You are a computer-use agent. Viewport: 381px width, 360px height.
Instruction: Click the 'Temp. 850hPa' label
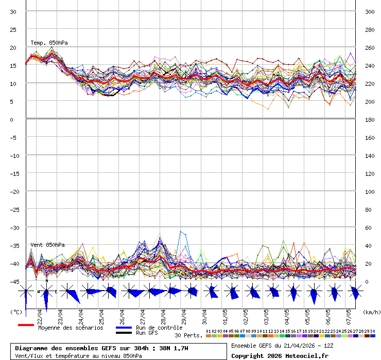(x=49, y=43)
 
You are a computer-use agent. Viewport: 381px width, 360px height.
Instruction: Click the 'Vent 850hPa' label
(x=47, y=245)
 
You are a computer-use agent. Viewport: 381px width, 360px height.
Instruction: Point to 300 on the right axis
(x=370, y=12)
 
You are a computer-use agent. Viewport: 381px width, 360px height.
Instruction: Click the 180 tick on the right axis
(x=370, y=120)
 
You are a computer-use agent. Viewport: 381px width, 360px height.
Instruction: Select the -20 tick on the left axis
(x=15, y=192)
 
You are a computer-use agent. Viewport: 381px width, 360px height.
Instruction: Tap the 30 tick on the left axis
(x=13, y=12)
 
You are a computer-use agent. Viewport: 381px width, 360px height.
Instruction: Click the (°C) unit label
(x=16, y=312)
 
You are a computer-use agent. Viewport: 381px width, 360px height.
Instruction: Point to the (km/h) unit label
(x=371, y=312)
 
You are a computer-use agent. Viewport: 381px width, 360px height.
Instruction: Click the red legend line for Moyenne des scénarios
(x=26, y=325)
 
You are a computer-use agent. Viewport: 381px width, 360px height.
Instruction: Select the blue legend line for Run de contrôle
(x=124, y=328)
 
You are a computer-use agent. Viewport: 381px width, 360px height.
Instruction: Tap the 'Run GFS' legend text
(x=147, y=333)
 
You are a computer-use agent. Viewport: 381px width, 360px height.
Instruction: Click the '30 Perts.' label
(x=188, y=335)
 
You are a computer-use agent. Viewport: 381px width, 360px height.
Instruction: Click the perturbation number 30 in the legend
(x=372, y=331)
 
